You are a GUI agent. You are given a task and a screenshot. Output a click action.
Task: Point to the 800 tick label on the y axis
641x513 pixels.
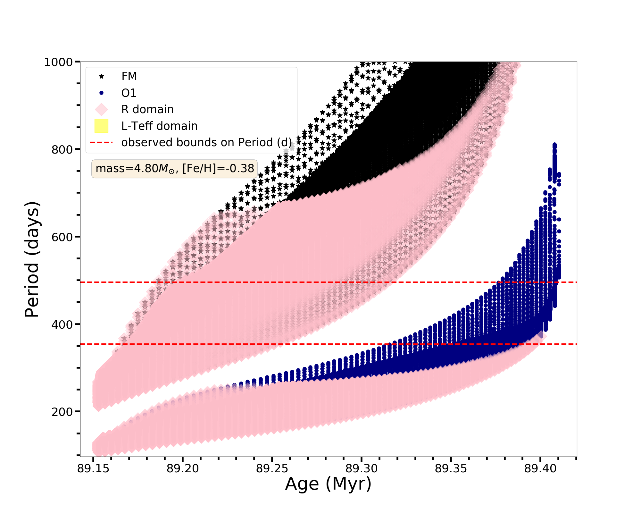(x=62, y=149)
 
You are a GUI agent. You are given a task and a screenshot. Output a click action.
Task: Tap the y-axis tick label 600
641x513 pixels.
(x=62, y=237)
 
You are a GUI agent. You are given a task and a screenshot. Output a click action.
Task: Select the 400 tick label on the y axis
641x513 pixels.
(x=62, y=324)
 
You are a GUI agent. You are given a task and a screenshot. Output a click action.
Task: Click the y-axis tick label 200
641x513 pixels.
(x=62, y=412)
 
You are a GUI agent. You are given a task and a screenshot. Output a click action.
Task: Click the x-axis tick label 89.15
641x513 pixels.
(x=93, y=469)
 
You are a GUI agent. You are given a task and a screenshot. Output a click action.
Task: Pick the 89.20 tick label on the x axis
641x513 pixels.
(x=183, y=469)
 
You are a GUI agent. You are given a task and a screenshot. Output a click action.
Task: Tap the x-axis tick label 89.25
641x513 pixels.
(x=272, y=469)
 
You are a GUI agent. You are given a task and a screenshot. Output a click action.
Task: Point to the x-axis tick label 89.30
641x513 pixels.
(x=362, y=469)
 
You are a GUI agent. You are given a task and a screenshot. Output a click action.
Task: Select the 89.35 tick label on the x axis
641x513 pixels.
(x=451, y=469)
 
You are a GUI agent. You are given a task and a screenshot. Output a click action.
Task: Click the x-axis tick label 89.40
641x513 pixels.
(x=540, y=469)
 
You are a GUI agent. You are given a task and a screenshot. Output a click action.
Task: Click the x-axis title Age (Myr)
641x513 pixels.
(x=328, y=484)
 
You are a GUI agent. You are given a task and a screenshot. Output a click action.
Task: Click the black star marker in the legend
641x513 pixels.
(x=101, y=76)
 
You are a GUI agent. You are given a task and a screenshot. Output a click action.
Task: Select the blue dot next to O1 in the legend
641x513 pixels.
(x=101, y=93)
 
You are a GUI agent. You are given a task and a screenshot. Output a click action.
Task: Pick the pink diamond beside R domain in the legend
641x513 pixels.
(x=101, y=109)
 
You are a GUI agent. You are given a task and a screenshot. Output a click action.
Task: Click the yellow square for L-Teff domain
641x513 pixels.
(x=101, y=126)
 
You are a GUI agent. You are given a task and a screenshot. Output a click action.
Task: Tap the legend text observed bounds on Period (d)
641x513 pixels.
(x=206, y=142)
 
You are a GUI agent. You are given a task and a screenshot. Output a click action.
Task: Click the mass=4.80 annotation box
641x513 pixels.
(x=175, y=169)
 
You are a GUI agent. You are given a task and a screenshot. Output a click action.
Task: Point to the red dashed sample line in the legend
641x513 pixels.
(x=101, y=142)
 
